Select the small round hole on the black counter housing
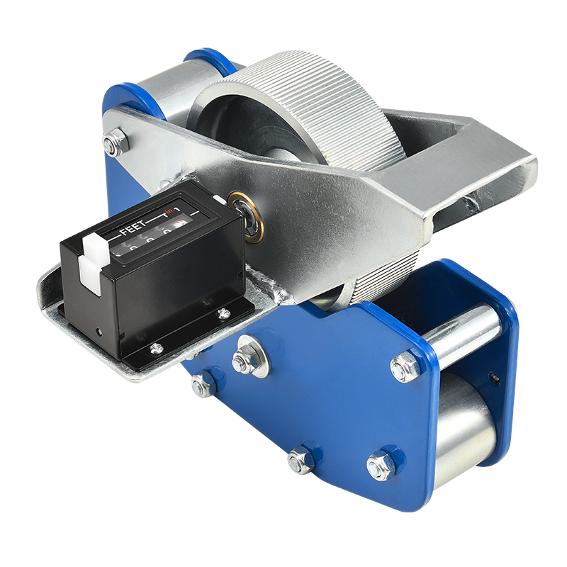99,331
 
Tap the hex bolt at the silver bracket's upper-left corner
113,144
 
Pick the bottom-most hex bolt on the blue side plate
301,461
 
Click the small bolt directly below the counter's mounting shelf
201,386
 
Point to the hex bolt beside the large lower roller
381,466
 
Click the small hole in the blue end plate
494,378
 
